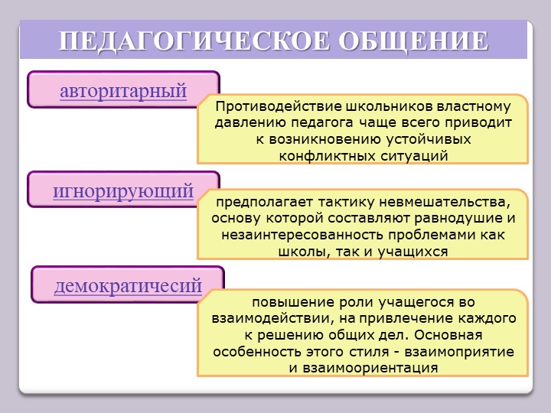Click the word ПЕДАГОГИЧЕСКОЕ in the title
[194, 41]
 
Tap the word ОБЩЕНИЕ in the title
[413, 41]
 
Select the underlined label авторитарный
[123, 91]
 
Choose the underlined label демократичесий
[128, 286]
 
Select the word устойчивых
[429, 139]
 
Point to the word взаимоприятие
[459, 352]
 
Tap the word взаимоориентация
[370, 368]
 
